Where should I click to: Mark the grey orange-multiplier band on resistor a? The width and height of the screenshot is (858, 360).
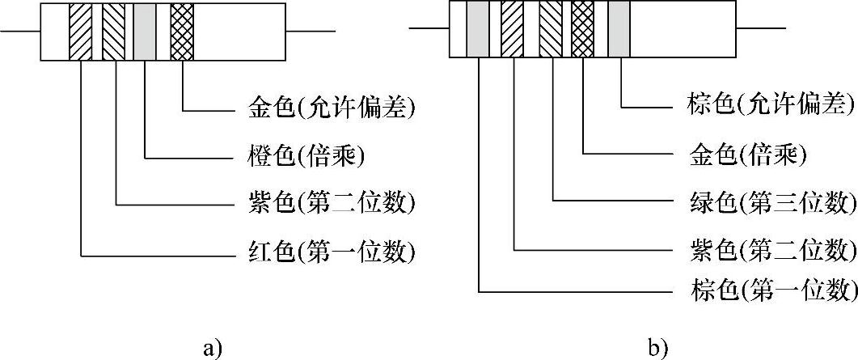click(x=145, y=32)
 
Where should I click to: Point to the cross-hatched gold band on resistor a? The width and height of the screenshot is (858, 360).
click(x=183, y=32)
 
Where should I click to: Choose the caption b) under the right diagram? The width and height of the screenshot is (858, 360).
click(x=657, y=348)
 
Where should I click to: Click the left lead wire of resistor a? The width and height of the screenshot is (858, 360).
click(x=20, y=32)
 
